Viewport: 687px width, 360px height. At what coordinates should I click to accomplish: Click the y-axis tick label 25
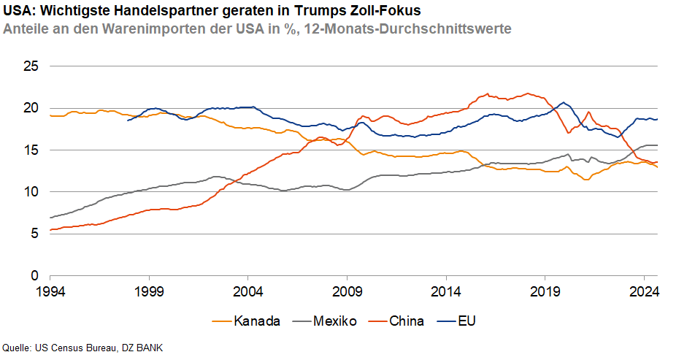tap(29, 66)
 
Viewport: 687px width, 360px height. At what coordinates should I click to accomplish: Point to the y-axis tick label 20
tap(29, 108)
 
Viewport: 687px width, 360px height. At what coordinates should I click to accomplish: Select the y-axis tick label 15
tap(29, 150)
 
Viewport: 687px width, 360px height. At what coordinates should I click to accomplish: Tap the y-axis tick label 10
tap(29, 192)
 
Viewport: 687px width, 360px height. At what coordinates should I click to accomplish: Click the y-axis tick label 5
tap(33, 234)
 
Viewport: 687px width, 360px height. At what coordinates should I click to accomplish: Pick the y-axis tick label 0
tap(33, 277)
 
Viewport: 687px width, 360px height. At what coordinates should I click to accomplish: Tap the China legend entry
tap(406, 321)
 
